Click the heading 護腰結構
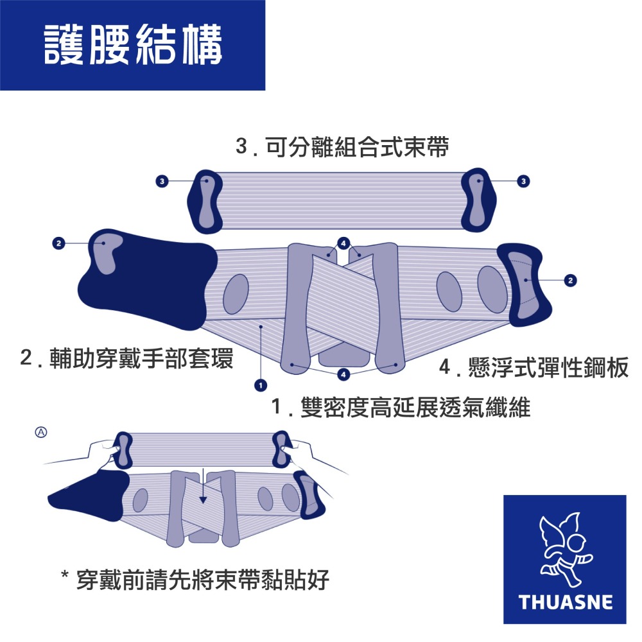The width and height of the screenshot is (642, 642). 133,45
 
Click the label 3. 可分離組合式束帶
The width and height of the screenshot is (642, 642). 342,148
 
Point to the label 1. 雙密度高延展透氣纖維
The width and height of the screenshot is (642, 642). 401,407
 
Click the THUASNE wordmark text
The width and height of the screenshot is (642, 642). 565,602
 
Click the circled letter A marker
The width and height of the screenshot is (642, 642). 40,432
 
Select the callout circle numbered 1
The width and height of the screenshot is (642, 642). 261,385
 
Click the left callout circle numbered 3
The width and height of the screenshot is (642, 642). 162,182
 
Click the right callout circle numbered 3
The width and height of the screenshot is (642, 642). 525,182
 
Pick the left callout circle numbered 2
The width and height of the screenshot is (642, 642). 59,243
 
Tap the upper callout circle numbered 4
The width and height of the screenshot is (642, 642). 343,243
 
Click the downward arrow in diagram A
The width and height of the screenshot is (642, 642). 203,490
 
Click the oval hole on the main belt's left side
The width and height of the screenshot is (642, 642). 236,294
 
